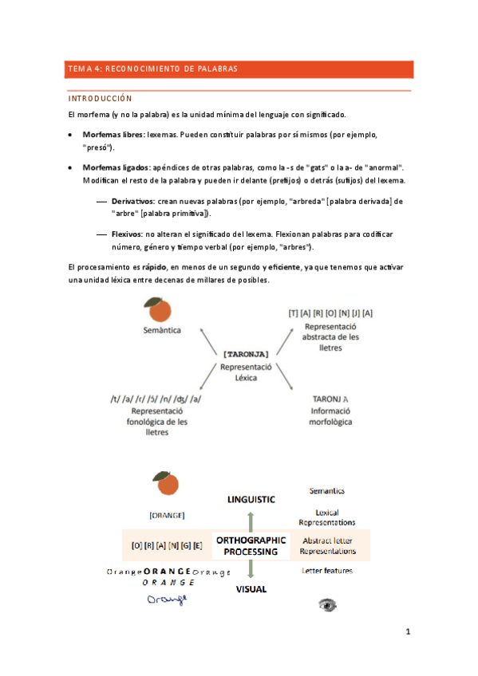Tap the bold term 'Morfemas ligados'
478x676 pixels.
tap(115, 167)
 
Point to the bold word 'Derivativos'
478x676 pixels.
tap(133, 201)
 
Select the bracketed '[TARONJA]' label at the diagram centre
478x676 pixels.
tap(247, 352)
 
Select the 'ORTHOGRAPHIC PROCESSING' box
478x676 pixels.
tap(251, 545)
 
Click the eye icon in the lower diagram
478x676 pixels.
tap(328, 604)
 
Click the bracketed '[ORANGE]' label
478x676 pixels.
tap(168, 515)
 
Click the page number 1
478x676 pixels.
tap(407, 633)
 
